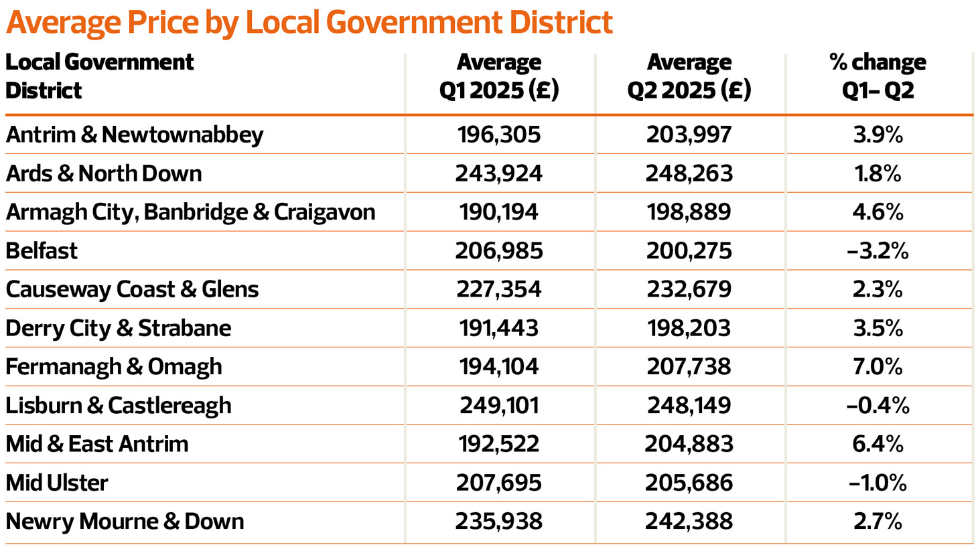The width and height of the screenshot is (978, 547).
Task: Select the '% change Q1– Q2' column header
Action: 878,76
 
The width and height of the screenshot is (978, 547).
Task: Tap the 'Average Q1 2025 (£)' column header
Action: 499,76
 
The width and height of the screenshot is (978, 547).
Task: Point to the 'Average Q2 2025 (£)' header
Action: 689,76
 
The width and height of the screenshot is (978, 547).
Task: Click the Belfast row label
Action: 42,251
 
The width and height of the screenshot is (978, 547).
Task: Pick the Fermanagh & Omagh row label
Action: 114,367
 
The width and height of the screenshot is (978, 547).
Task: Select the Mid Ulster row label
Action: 57,483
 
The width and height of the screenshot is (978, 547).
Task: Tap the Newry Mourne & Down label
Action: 125,522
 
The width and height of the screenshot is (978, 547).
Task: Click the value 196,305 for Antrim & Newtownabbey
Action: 499,135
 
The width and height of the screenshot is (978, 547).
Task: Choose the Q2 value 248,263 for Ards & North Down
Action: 689,173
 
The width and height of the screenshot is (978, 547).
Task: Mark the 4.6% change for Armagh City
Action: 878,212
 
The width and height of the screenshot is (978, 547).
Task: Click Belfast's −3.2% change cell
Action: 878,251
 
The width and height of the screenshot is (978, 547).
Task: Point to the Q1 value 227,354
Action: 499,289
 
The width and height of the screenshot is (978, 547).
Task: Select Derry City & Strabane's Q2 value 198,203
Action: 689,328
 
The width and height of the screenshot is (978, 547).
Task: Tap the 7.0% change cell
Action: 878,367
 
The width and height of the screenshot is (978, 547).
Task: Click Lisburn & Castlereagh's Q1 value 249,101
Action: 499,406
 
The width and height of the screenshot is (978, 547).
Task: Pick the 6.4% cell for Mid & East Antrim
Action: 878,444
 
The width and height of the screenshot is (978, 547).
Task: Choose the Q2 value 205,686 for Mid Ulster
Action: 689,483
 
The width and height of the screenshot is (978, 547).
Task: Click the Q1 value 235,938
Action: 499,522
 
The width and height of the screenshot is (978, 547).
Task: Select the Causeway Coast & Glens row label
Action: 132,289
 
